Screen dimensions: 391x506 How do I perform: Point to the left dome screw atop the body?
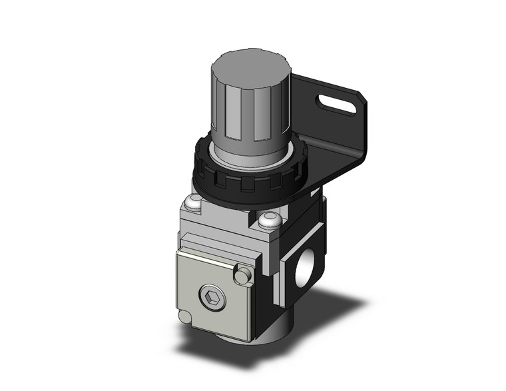[x=194, y=202]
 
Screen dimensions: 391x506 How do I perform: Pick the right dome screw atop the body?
[x=270, y=220]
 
